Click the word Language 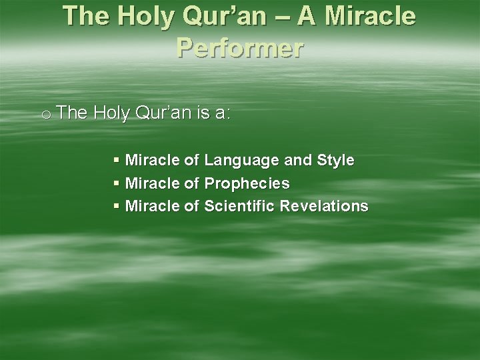click(x=241, y=161)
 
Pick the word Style click(x=335, y=161)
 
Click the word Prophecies click(x=247, y=183)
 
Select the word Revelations click(x=324, y=206)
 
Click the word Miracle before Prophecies click(x=152, y=183)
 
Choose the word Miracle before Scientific click(x=152, y=206)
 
